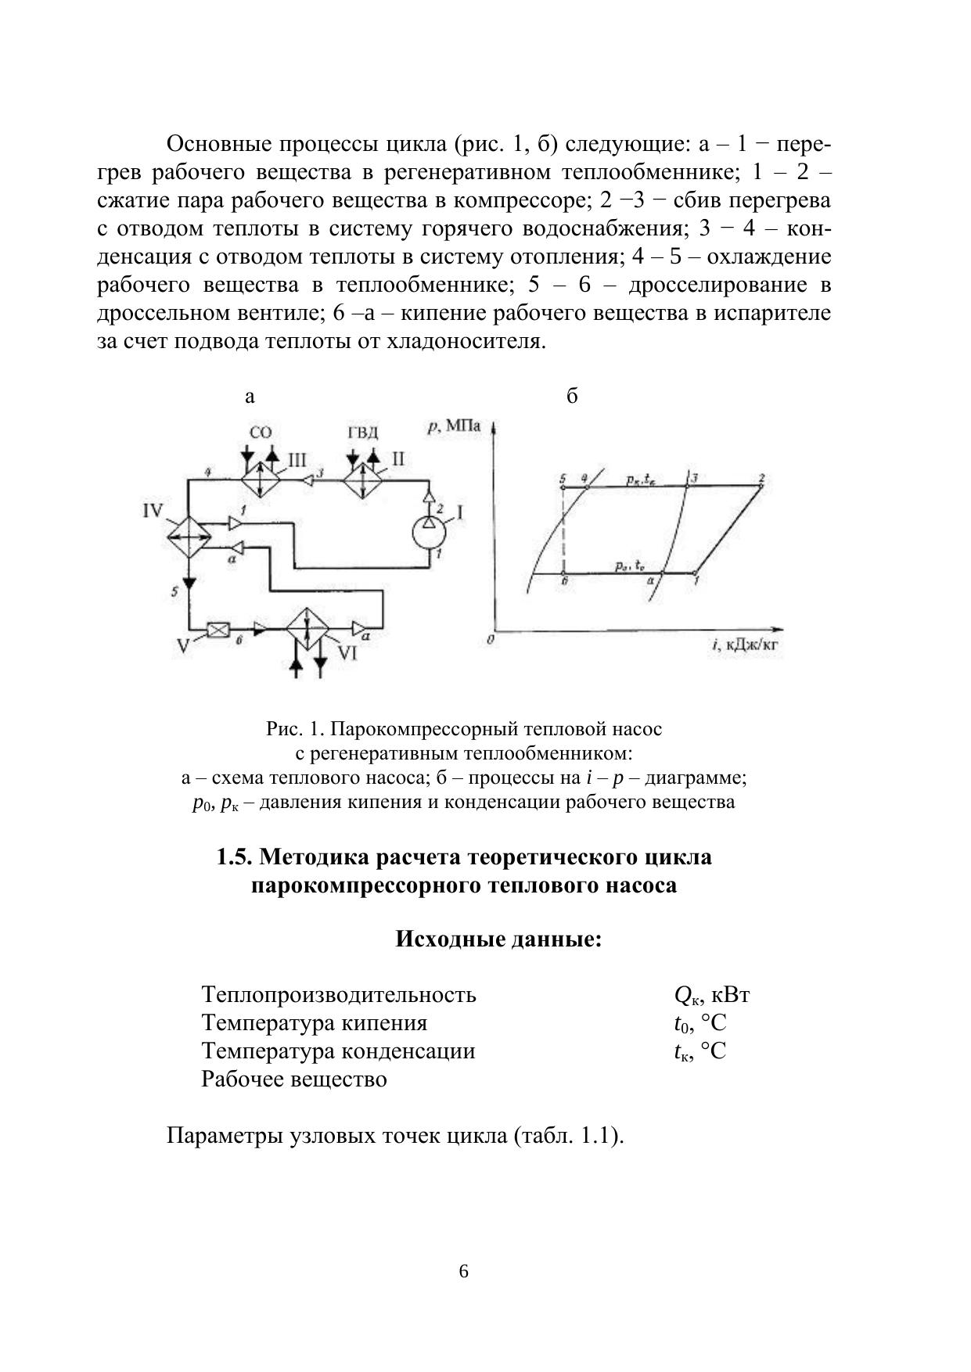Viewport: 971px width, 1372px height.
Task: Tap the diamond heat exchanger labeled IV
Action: coord(189,537)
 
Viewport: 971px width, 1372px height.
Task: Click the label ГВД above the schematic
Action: coord(362,433)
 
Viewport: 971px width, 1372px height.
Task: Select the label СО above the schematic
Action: coord(261,433)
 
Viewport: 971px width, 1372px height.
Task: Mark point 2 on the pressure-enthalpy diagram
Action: coord(761,486)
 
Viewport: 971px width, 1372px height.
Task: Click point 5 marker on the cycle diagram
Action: coord(563,487)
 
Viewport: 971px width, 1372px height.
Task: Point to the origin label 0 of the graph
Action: coord(490,640)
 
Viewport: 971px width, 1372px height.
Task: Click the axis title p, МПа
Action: coord(454,427)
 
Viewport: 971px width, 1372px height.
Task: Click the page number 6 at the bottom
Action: coord(463,1271)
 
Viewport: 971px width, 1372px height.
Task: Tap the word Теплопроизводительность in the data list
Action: coord(338,994)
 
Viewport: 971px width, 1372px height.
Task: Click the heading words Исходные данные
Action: coord(498,938)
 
